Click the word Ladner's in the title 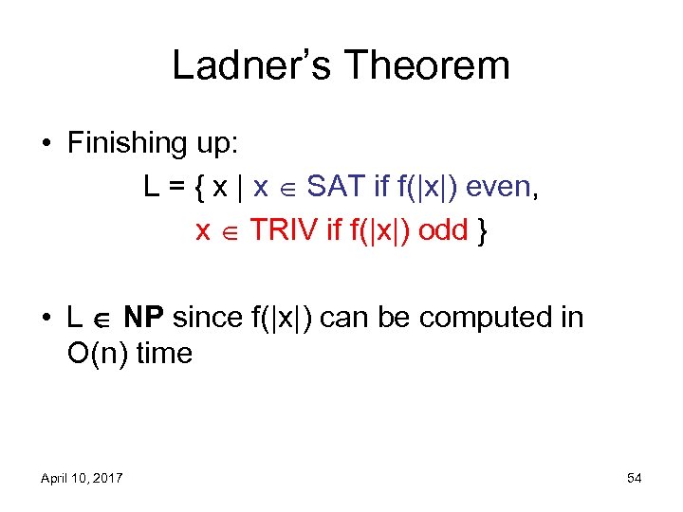point(249,65)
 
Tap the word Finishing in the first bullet point(126,144)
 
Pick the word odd point(443,229)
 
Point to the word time point(164,354)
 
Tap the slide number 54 point(634,478)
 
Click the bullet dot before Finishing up point(46,145)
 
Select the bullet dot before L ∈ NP point(46,319)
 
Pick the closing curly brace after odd point(485,230)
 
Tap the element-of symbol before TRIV point(230,231)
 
